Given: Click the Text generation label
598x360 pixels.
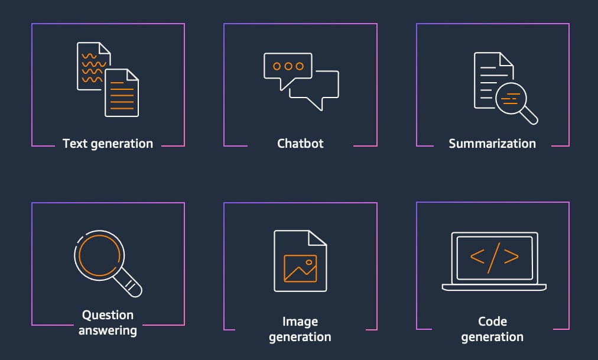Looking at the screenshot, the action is pos(108,144).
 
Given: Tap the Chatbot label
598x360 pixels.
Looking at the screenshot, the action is pos(300,144).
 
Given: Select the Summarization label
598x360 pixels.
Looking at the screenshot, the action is pos(492,144).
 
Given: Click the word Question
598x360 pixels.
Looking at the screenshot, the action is pos(108,315).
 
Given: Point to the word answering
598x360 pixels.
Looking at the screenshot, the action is pos(108,330).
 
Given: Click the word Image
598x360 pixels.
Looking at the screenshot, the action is pos(300,322).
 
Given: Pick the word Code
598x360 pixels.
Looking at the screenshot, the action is pos(492,322).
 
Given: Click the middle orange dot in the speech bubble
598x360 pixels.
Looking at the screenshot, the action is pos(288,66).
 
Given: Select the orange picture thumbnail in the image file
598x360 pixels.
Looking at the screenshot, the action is pos(300,268).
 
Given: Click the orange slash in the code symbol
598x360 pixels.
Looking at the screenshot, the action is pos(494,258).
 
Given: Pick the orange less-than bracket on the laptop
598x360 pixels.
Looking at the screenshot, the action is pos(477,257).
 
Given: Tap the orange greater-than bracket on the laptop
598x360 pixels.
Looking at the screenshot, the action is pos(511,257).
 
